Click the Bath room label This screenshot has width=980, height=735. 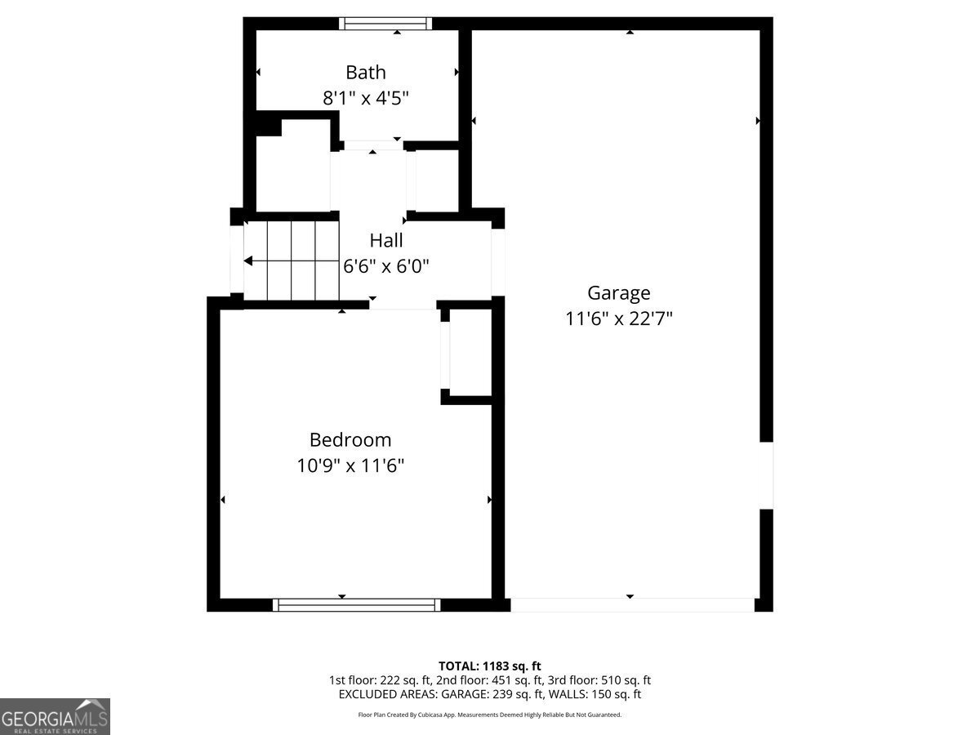tap(365, 72)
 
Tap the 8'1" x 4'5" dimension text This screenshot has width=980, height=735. tap(365, 98)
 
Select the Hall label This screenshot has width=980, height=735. tap(385, 240)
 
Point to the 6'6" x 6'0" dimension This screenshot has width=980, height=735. tap(385, 265)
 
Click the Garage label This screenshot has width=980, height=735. tap(618, 292)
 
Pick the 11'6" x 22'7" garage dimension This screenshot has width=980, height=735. tap(618, 318)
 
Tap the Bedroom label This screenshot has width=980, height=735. tap(350, 439)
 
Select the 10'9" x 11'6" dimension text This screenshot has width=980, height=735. tap(350, 465)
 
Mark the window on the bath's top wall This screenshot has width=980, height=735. tap(386, 24)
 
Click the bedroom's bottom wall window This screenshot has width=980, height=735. tap(356, 605)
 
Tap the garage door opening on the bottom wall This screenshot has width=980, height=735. tap(632, 605)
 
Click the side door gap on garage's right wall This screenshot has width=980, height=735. tap(766, 475)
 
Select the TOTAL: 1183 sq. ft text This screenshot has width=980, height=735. tap(489, 666)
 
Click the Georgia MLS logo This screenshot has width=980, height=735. tap(55, 716)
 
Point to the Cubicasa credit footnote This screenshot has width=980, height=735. tap(489, 715)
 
